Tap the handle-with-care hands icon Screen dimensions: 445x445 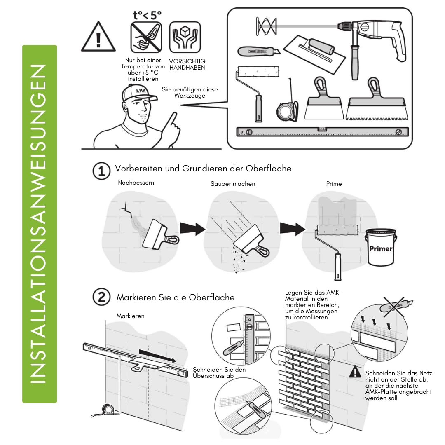click(x=185, y=37)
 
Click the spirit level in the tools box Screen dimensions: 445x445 click(x=322, y=132)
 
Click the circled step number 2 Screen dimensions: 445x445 click(x=101, y=297)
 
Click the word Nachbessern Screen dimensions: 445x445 click(x=136, y=183)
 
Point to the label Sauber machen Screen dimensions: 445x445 click(x=233, y=184)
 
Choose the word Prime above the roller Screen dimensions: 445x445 click(x=334, y=184)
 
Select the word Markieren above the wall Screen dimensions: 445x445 click(x=131, y=316)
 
